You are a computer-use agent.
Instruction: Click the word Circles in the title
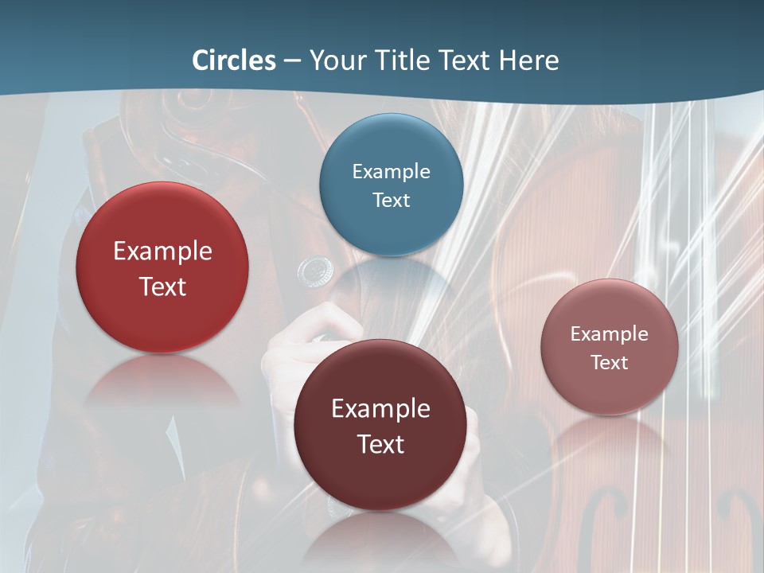(233, 60)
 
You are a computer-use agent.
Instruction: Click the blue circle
(391, 185)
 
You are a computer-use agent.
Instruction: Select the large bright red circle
(162, 267)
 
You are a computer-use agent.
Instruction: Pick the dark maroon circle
(380, 425)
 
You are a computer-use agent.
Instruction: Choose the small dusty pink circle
(610, 347)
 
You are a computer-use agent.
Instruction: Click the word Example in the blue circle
(391, 171)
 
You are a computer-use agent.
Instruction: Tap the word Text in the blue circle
(391, 200)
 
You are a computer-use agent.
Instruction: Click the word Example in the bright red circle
(162, 251)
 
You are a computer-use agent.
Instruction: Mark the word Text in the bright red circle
(162, 286)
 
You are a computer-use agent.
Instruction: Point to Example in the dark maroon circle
(380, 409)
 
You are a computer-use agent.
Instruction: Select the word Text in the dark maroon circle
(380, 444)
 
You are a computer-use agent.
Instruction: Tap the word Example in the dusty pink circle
(610, 333)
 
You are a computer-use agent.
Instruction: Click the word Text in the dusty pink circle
(610, 362)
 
